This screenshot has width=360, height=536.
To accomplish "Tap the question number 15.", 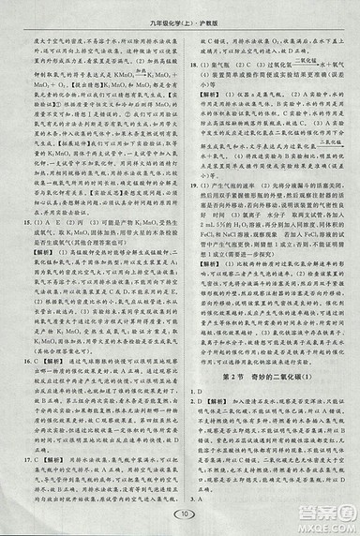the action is (x=23, y=219).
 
